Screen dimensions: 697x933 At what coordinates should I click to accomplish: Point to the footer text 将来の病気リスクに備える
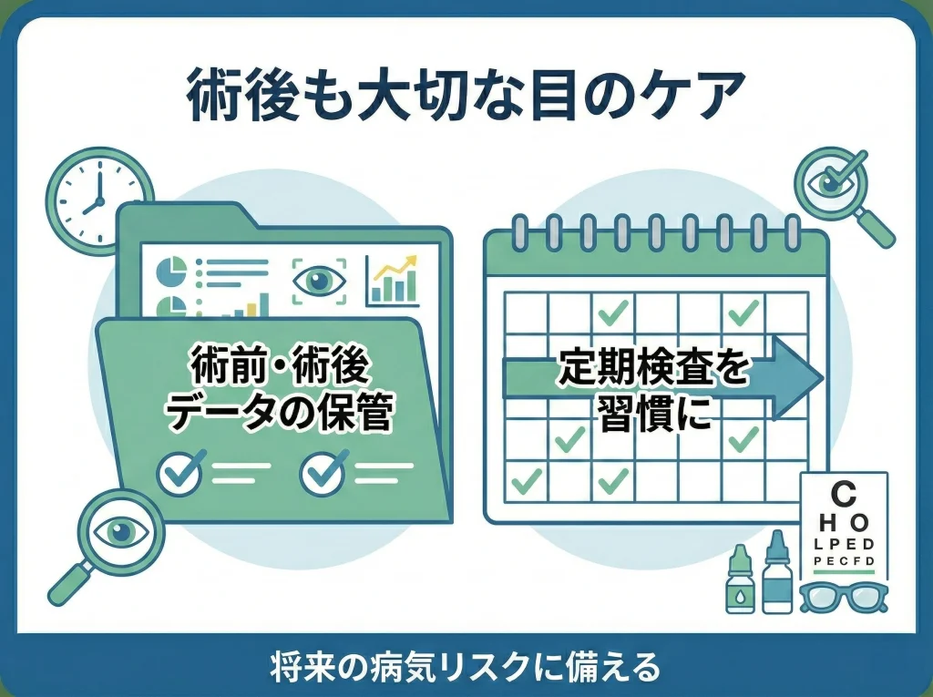click(466, 666)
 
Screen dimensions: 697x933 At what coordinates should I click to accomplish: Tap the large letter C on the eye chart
click(845, 496)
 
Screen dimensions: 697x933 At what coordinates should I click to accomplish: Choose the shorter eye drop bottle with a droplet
click(739, 583)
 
